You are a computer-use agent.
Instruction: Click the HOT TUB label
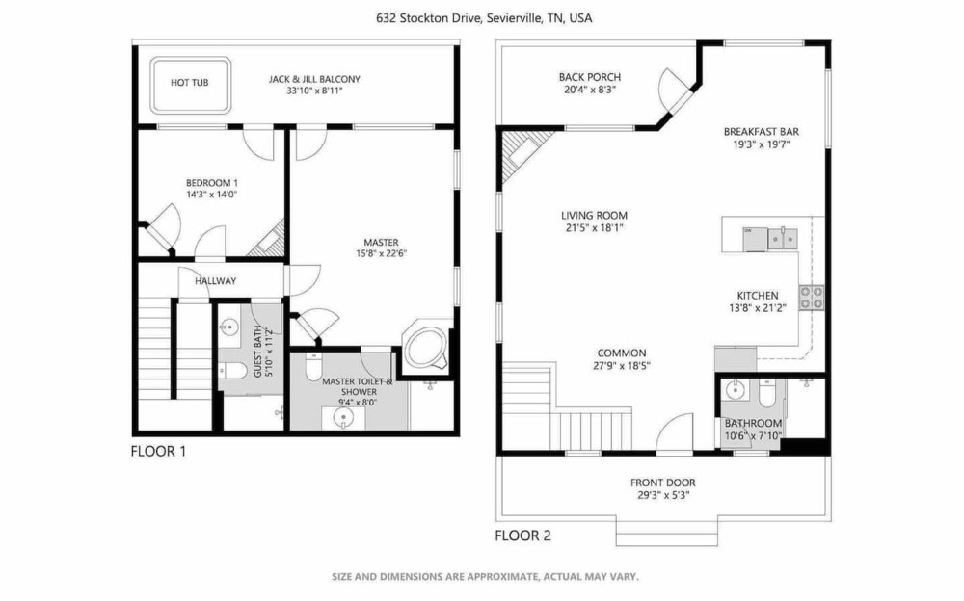tap(189, 82)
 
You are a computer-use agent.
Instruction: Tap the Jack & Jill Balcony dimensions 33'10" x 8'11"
tap(314, 91)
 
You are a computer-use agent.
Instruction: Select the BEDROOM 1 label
tap(212, 183)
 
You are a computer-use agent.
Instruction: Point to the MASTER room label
tap(381, 242)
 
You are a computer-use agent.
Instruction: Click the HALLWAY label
tap(216, 281)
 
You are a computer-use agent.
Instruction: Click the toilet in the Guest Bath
tap(233, 371)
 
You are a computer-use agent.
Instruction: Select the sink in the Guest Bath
tap(230, 326)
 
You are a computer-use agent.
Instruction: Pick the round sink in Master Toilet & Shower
tap(343, 419)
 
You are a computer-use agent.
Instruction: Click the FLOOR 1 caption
tap(158, 451)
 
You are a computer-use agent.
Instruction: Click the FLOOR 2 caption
tap(523, 536)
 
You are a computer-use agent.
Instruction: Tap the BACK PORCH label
tap(590, 77)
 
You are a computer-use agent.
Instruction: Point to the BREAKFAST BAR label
tap(762, 132)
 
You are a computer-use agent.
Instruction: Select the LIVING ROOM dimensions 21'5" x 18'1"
tap(594, 228)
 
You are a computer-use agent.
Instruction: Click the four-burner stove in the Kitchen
tap(812, 298)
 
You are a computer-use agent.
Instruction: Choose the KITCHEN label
tap(758, 296)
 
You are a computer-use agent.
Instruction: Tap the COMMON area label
tap(622, 353)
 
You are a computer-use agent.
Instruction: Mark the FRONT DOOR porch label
tap(663, 483)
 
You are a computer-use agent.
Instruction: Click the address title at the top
tap(484, 18)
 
